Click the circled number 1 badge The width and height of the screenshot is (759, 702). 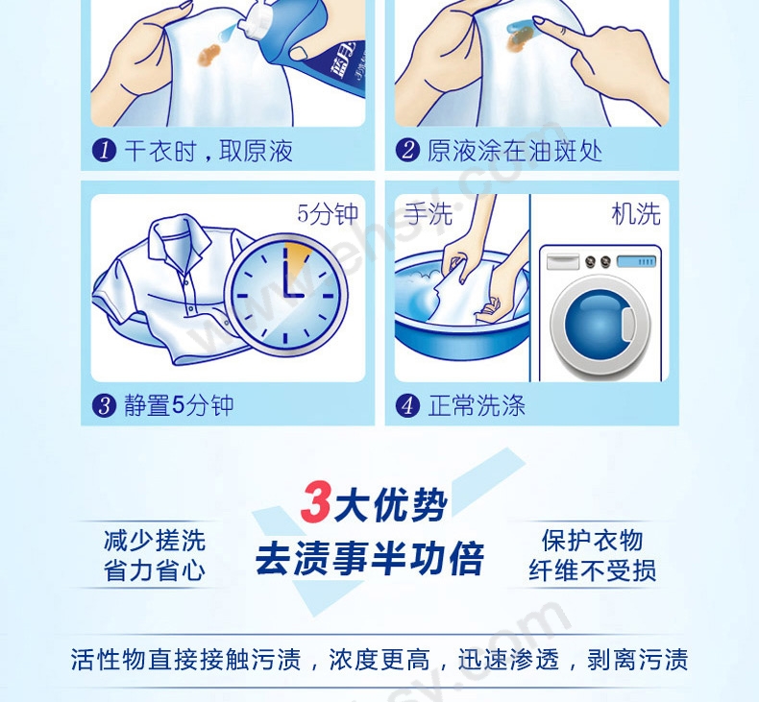[104, 151]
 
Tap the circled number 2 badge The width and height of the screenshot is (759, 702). [407, 151]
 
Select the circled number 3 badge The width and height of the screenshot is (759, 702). [104, 405]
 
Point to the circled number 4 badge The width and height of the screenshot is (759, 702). [407, 405]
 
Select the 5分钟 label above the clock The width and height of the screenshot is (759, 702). [328, 214]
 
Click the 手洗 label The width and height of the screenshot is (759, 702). [428, 214]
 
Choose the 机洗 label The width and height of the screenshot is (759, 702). [636, 214]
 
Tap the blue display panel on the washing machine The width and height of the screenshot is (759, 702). [637, 262]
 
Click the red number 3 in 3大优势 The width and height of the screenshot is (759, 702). [315, 502]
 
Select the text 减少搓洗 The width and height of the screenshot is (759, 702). [155, 541]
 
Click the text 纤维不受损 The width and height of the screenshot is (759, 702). [593, 570]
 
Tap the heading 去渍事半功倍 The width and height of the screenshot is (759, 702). [370, 559]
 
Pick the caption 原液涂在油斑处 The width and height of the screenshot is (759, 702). [515, 151]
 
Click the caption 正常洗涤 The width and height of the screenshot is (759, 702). [477, 405]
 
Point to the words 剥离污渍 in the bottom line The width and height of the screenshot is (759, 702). [638, 659]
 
